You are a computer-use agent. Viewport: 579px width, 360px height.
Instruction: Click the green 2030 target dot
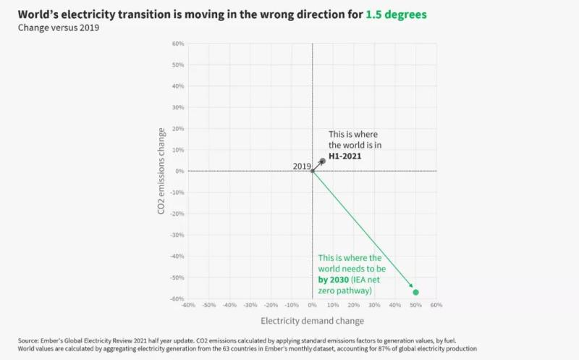[415, 292]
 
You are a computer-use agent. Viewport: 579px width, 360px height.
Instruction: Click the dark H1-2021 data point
[323, 160]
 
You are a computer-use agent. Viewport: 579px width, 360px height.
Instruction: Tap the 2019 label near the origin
[301, 166]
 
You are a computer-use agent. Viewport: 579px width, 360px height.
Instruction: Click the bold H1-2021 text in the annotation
[345, 155]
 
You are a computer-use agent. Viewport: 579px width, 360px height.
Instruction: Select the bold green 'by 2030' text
[334, 279]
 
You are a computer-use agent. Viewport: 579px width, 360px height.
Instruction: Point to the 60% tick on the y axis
[178, 44]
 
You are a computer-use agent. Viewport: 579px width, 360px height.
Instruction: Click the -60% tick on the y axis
[177, 298]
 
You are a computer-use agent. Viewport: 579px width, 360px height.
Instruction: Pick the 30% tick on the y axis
[178, 108]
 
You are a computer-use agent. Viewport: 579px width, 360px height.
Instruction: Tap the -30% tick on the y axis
[177, 235]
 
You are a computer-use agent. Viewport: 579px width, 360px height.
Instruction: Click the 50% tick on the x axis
[415, 305]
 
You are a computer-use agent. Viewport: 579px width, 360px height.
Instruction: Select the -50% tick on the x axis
[208, 305]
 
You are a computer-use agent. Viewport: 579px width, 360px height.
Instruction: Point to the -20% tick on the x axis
[270, 305]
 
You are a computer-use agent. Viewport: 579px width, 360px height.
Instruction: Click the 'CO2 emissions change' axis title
[161, 171]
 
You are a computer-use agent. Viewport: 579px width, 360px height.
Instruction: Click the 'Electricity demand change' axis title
[312, 320]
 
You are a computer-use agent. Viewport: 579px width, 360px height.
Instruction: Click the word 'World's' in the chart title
[41, 14]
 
